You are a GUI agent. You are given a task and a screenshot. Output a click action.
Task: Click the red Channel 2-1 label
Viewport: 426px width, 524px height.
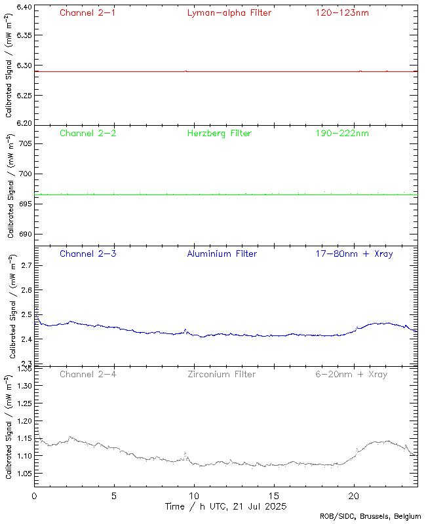tap(87, 12)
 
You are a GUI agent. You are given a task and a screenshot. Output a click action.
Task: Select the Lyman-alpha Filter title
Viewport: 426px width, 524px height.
tap(229, 12)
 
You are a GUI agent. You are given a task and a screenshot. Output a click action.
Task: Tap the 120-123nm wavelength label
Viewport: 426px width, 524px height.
tap(341, 12)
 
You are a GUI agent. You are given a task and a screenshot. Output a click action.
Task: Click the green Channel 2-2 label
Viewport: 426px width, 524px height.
tap(87, 133)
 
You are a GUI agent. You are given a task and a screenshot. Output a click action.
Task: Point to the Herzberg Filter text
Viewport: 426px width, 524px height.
tap(220, 133)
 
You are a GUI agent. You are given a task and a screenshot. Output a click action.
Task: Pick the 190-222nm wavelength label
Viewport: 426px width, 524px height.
tap(341, 133)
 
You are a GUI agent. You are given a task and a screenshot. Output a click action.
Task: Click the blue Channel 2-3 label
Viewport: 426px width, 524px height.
tap(87, 253)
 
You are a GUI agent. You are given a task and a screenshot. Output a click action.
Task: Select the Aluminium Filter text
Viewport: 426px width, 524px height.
tap(222, 253)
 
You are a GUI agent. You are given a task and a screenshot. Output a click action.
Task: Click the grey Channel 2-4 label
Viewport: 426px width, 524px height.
tap(87, 374)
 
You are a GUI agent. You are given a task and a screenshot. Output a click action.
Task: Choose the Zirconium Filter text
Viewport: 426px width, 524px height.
tap(222, 374)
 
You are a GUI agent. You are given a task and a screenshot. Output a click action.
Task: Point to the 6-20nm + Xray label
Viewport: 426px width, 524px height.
tap(351, 374)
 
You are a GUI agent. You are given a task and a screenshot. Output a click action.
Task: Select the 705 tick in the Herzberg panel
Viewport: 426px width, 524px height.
tap(23, 143)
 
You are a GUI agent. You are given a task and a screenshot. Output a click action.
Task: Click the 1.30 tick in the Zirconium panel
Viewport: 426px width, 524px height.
tap(22, 386)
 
